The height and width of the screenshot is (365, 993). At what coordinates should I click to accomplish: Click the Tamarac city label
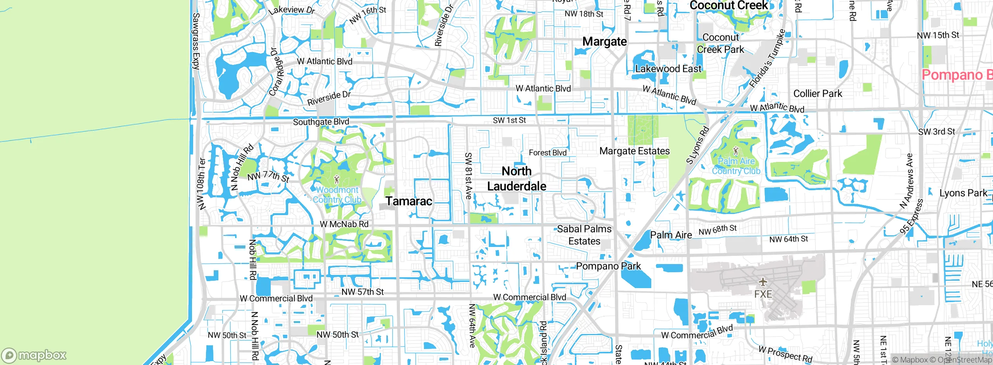408,201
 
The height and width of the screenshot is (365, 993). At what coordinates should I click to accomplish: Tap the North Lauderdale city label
517,179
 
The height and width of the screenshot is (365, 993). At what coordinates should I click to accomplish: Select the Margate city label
604,42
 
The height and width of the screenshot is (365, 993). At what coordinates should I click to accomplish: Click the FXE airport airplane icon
763,282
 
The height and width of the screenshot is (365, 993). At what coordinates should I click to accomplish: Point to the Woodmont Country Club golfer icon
337,180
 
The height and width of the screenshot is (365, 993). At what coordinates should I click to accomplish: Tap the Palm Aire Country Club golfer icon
736,151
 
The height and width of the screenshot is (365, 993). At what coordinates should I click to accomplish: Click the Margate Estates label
635,151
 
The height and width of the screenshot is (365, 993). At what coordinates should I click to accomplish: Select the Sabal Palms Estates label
584,235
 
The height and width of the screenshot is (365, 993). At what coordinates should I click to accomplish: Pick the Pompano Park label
608,266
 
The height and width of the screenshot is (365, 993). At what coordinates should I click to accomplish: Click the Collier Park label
818,94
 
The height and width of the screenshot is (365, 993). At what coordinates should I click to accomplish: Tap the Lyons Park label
963,193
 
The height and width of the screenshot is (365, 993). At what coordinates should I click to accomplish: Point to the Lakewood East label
668,69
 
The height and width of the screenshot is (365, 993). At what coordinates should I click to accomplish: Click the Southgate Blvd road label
321,122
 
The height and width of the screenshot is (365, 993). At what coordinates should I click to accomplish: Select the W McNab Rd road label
344,224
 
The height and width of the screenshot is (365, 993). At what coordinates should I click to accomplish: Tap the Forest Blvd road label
548,153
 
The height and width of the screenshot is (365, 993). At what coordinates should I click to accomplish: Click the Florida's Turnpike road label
768,58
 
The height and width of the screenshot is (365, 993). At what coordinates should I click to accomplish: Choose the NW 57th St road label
363,292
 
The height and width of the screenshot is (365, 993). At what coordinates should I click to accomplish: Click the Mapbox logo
34,355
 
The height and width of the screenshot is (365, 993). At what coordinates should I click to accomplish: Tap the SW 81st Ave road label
469,176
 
